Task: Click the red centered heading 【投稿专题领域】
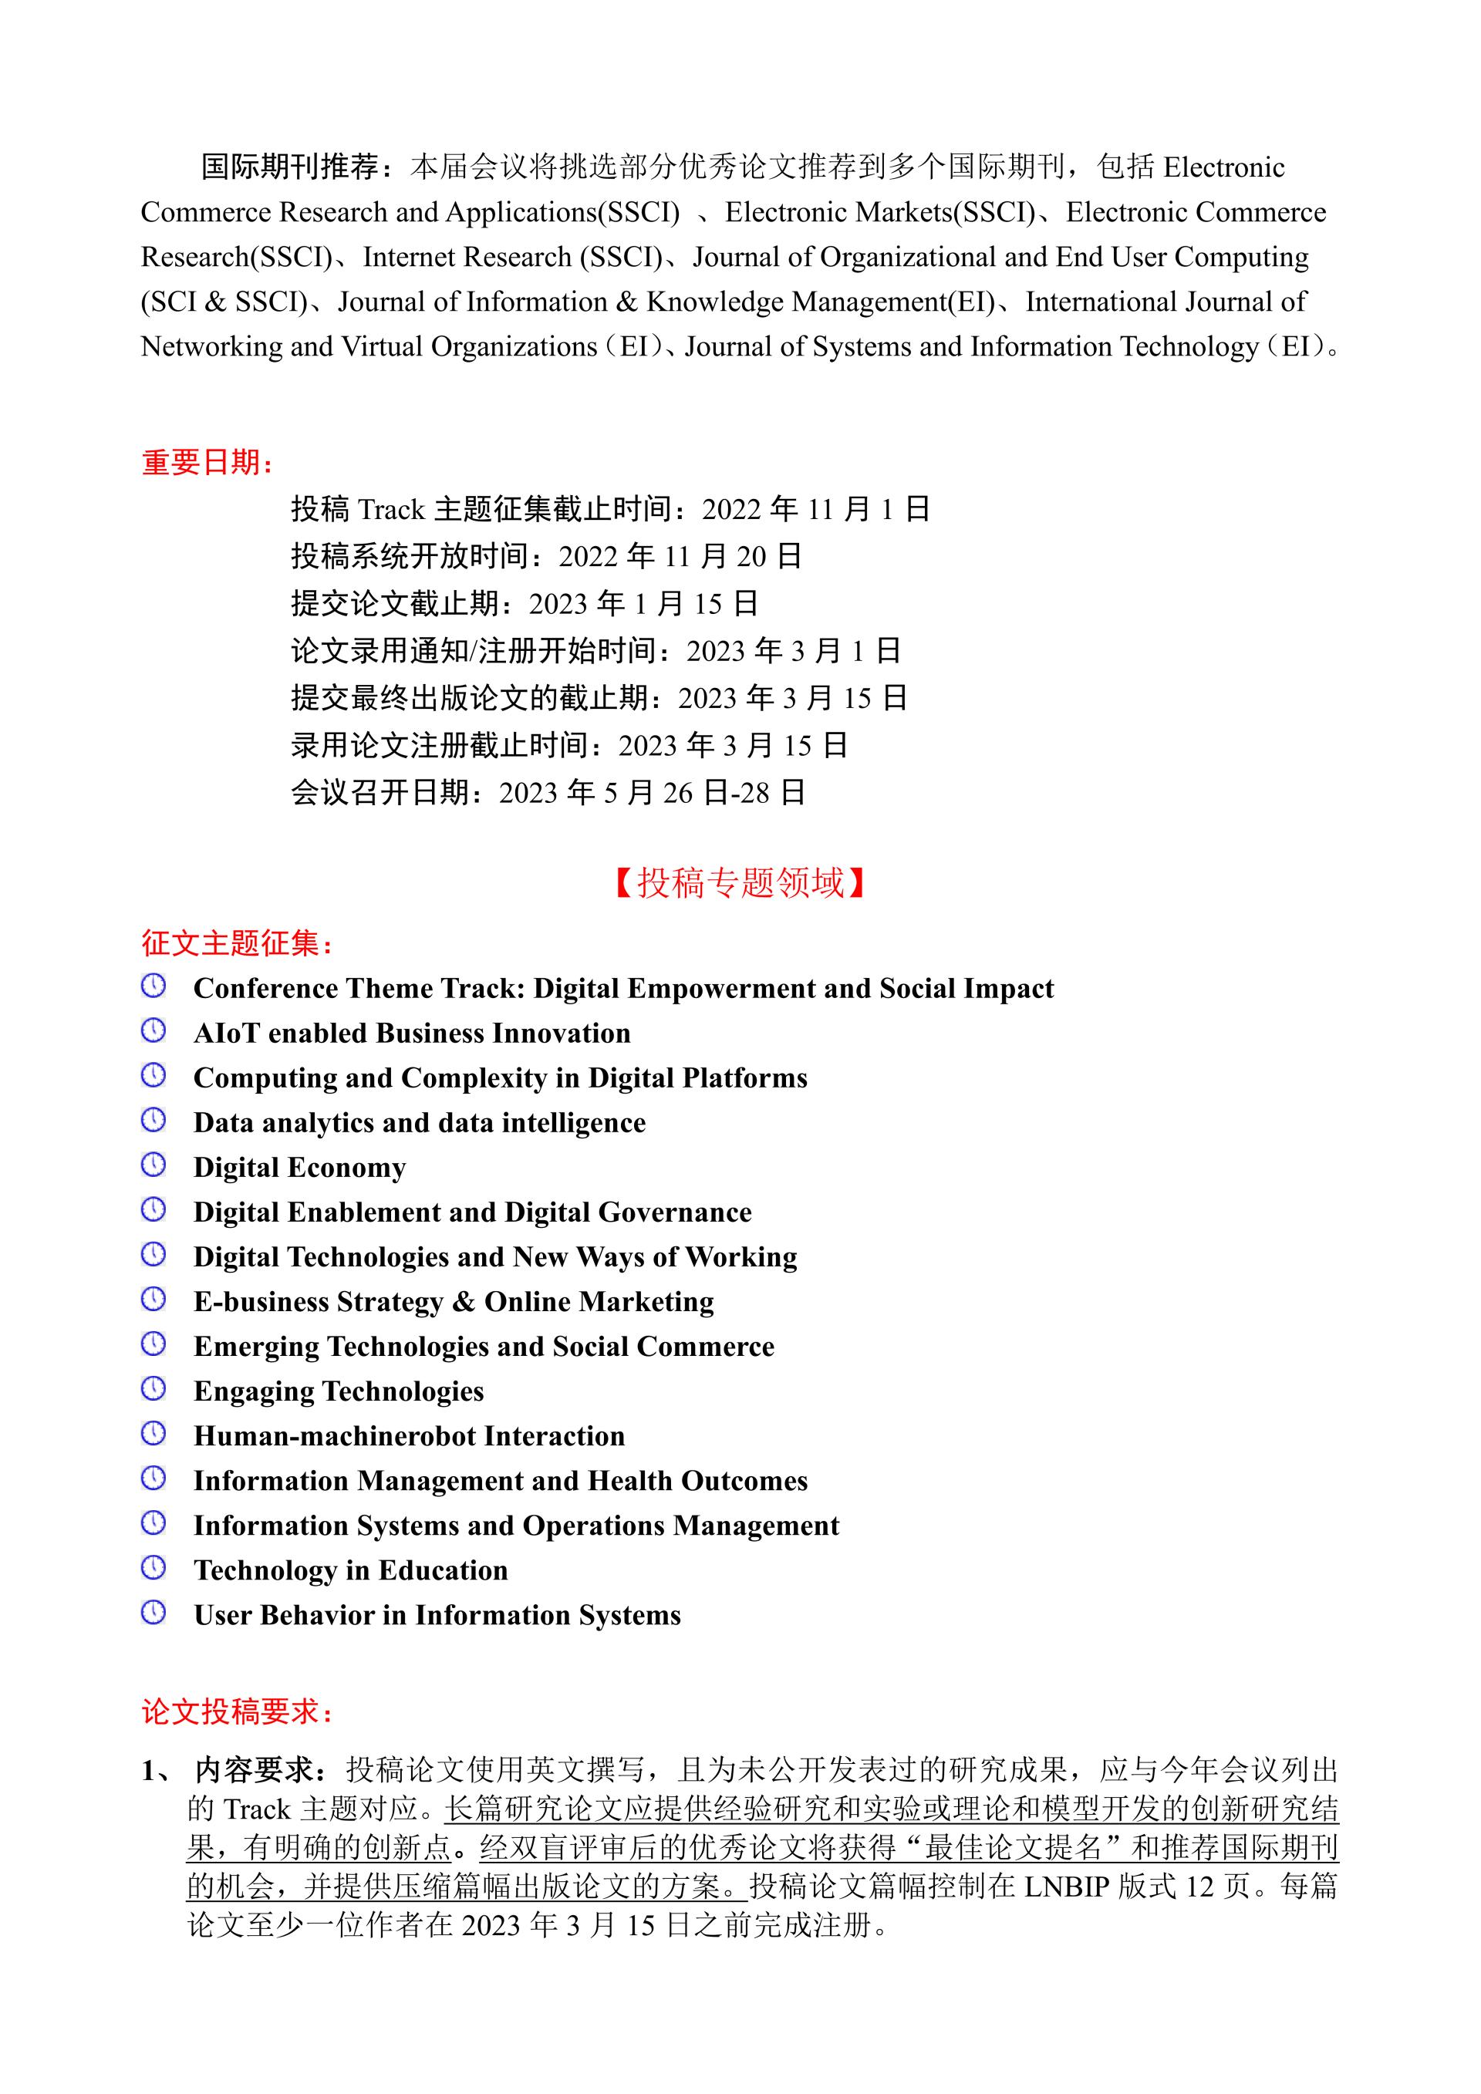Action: tap(740, 883)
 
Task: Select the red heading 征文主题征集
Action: tap(236, 943)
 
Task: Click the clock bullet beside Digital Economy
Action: tap(153, 1165)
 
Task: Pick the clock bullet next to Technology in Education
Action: tap(153, 1568)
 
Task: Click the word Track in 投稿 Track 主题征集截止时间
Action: tap(391, 509)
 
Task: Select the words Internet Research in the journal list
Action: tap(467, 257)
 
